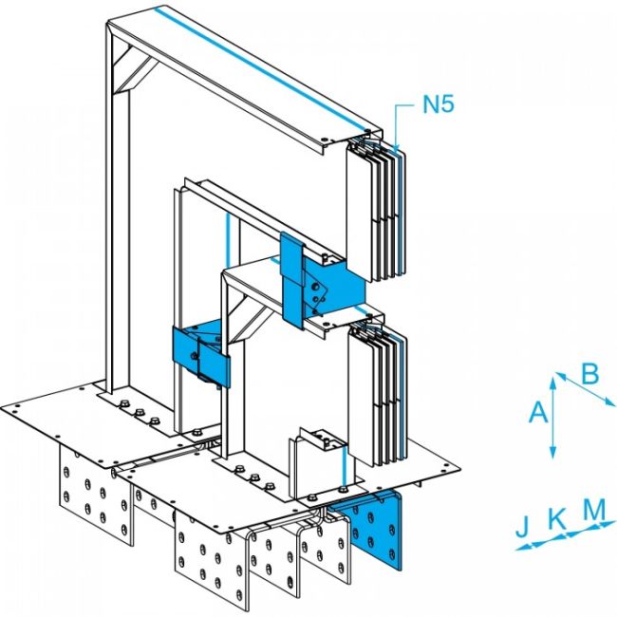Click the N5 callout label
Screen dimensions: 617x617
[439, 105]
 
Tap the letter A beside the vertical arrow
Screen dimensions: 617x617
[538, 411]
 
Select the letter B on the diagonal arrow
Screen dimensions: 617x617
[589, 375]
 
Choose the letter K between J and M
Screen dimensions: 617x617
[558, 518]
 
